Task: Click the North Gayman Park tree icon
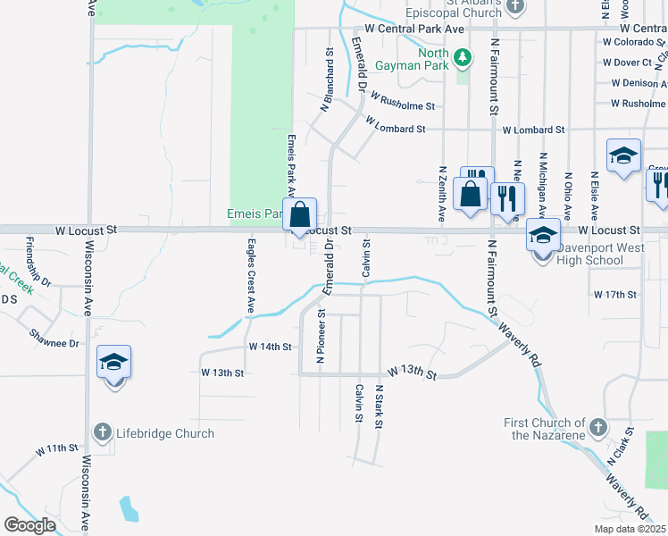point(462,59)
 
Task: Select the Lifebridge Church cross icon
point(104,433)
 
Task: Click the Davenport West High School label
point(590,261)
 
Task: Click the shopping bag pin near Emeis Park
point(301,215)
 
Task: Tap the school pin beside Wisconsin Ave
point(114,363)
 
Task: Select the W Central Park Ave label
point(414,29)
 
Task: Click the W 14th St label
point(271,346)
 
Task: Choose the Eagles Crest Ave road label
point(252,276)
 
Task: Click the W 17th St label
point(614,294)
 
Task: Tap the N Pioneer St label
point(320,338)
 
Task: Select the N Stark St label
point(379,406)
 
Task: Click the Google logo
point(30,525)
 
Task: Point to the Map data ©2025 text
point(630,529)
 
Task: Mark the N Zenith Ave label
point(441,193)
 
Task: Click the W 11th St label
point(58,448)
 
